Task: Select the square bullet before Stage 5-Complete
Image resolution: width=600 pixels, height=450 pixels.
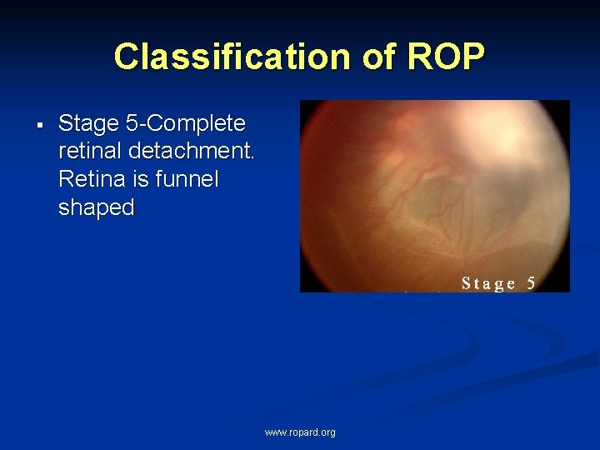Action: coord(39,125)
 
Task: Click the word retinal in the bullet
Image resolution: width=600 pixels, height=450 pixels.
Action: coord(91,152)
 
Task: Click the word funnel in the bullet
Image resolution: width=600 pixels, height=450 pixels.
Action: coord(187,180)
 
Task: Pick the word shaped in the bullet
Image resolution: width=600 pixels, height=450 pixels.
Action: coord(96,208)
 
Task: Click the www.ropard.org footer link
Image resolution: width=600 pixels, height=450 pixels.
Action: coord(300,432)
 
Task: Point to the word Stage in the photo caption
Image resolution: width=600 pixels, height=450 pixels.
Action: coord(489,283)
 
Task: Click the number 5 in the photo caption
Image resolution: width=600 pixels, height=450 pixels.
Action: coord(531,283)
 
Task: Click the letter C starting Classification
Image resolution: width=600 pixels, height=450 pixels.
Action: coord(126,57)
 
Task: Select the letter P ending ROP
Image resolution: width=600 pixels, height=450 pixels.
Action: coord(471,57)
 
